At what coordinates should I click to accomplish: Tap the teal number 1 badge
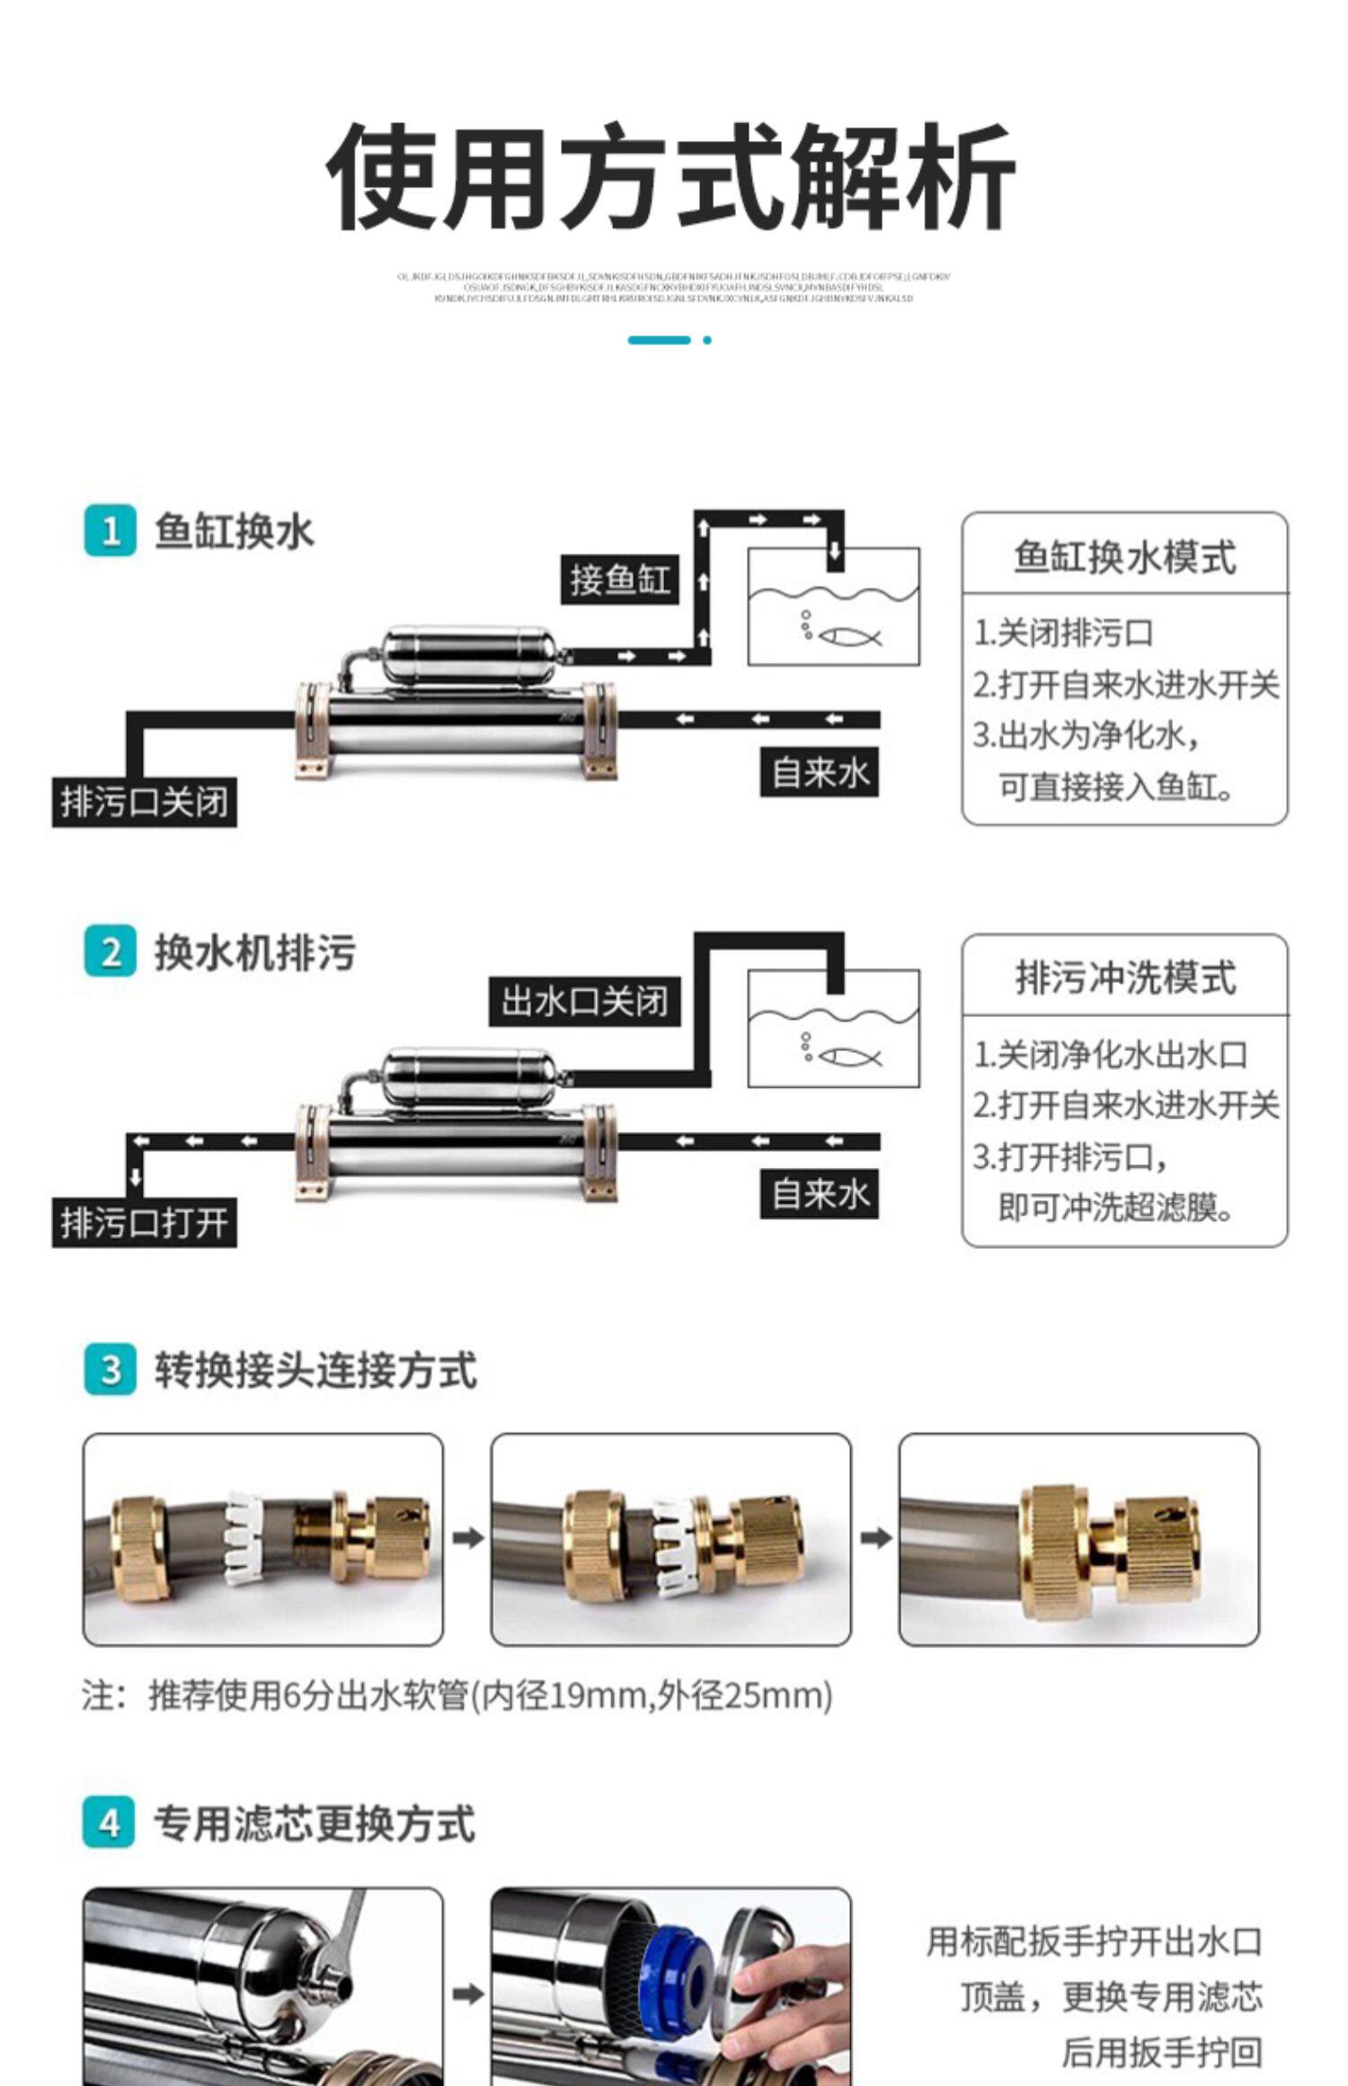click(x=111, y=531)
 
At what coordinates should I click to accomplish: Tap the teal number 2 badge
click(x=111, y=952)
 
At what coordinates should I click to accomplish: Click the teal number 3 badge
click(x=111, y=1370)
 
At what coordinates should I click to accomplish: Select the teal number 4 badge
click(x=110, y=1823)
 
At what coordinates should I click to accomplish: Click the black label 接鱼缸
click(x=619, y=579)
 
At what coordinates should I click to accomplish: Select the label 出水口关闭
click(x=584, y=1001)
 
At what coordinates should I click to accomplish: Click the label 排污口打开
click(x=144, y=1223)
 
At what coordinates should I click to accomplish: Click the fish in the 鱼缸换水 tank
click(x=849, y=637)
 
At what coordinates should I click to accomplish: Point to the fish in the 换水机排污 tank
click(x=849, y=1057)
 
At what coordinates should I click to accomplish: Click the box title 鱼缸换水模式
click(x=1124, y=557)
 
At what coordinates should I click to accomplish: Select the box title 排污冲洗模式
click(x=1124, y=977)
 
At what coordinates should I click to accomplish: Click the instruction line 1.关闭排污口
click(x=1064, y=633)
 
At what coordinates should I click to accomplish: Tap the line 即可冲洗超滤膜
click(x=1114, y=1207)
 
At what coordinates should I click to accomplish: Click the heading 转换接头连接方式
click(x=315, y=1370)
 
